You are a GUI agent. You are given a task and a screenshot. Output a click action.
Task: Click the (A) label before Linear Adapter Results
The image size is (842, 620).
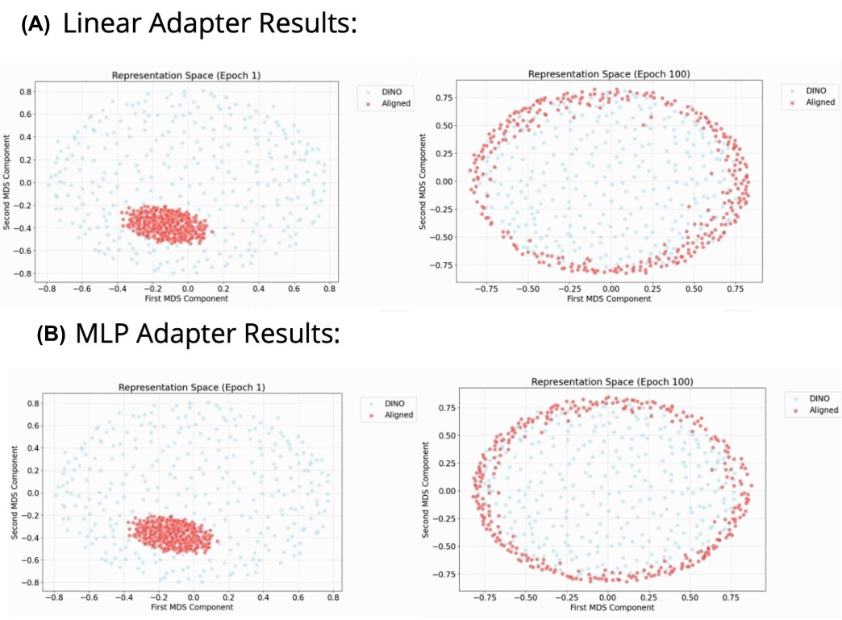[x=35, y=25]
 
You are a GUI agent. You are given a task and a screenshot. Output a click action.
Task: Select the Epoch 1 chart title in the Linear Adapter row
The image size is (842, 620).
[x=185, y=75]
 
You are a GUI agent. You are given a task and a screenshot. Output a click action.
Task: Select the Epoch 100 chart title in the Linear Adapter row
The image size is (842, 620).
[x=610, y=73]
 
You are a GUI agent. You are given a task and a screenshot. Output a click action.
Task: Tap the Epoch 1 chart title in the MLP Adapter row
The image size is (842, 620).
[x=192, y=387]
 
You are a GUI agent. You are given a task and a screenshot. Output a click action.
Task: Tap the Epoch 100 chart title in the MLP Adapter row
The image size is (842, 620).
[x=614, y=381]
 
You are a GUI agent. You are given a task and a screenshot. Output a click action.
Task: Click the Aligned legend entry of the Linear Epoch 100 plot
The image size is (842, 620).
[x=815, y=102]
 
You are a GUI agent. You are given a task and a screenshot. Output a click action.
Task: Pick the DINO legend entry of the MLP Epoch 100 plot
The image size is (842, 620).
[x=818, y=397]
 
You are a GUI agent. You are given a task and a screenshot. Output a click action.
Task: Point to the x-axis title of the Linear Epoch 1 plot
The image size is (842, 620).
[x=187, y=298]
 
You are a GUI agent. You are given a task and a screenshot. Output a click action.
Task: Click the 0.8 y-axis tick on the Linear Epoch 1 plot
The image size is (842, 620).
[x=27, y=92]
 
